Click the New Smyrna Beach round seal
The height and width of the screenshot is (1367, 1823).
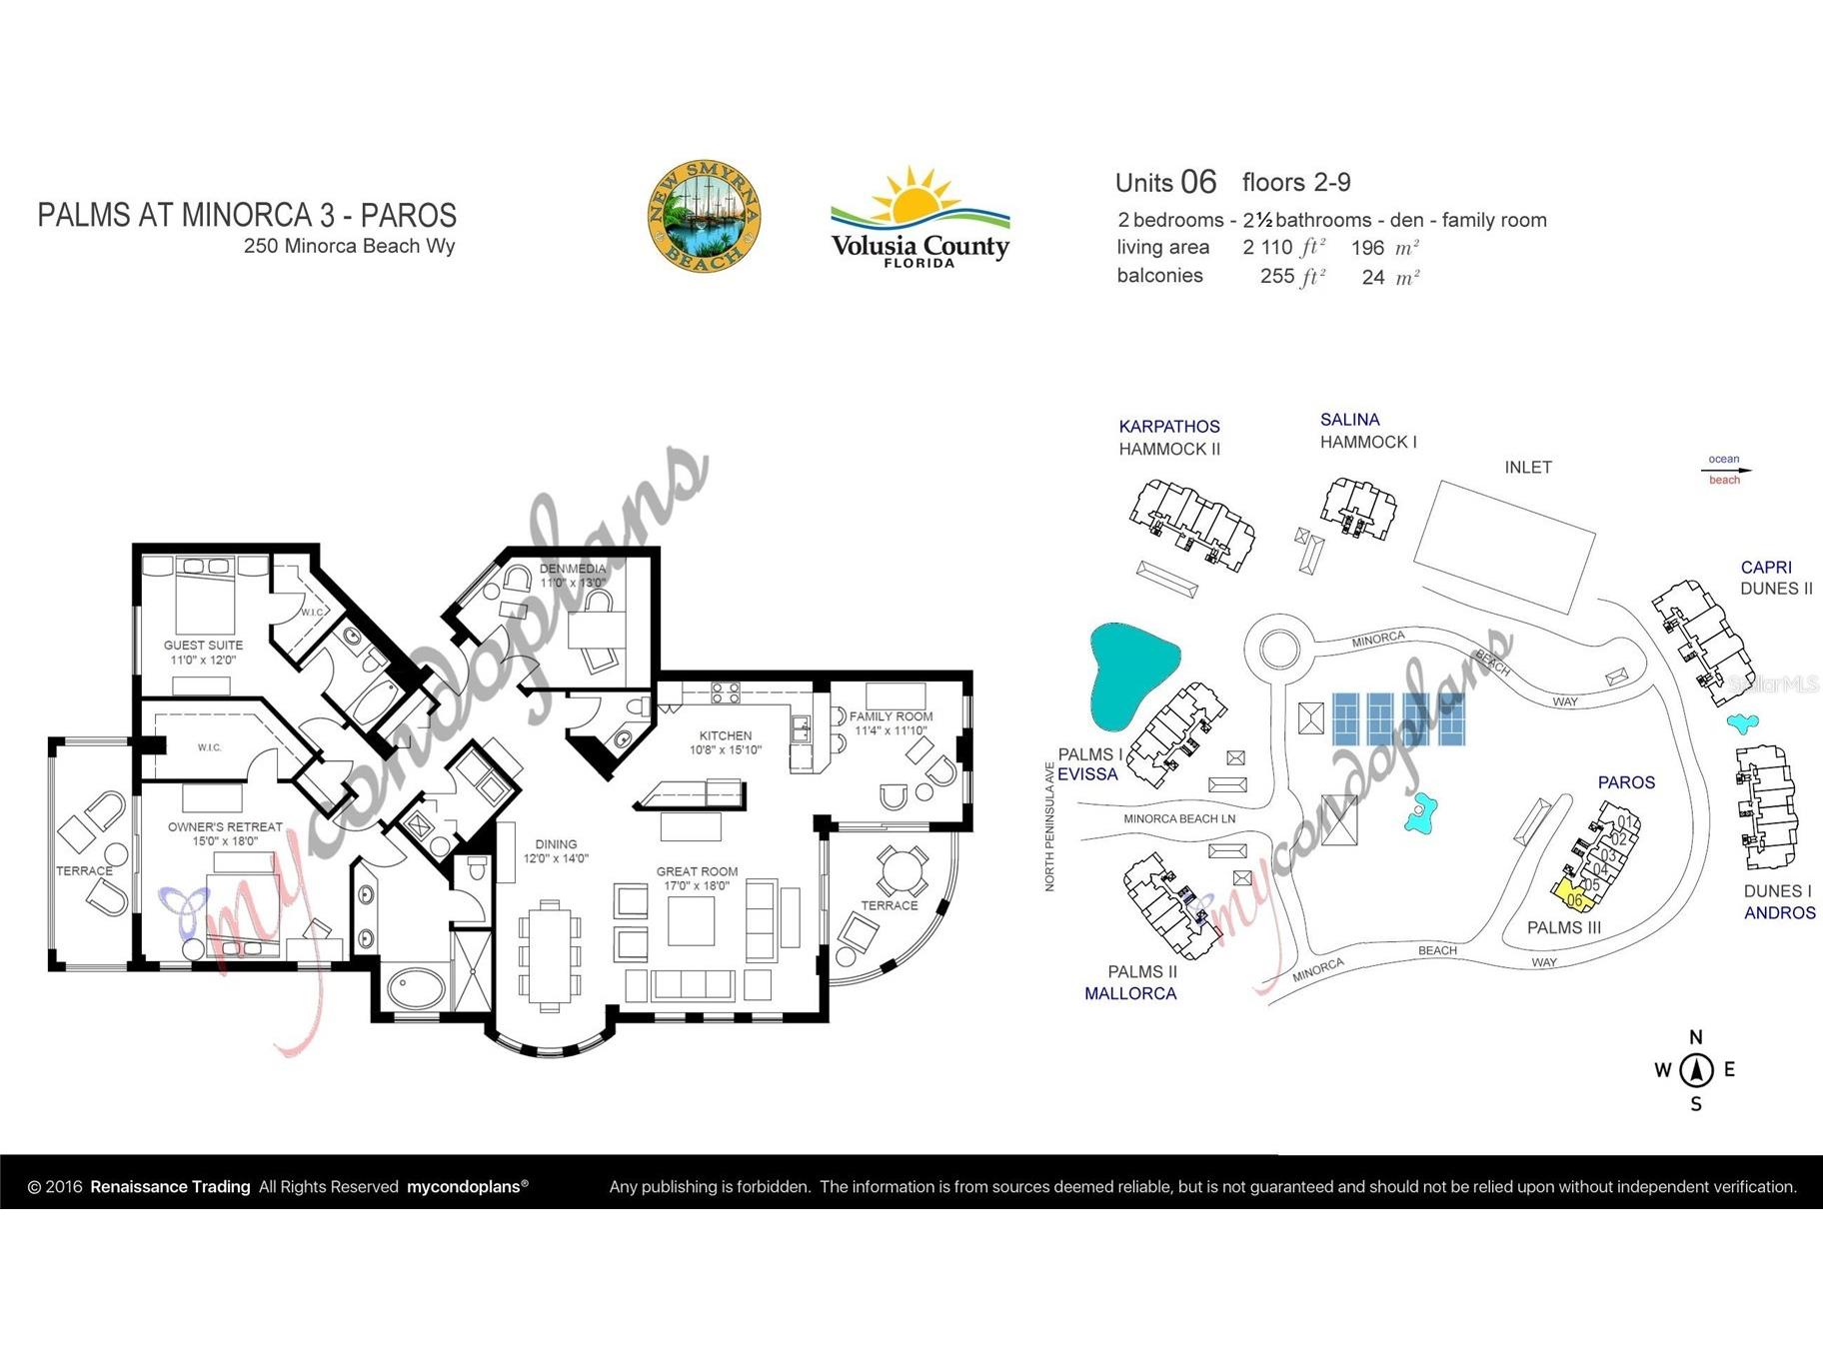coord(704,216)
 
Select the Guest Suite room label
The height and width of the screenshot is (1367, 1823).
coord(203,653)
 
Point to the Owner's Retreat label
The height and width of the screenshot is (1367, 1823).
coord(225,833)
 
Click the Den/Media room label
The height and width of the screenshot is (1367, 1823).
coord(572,576)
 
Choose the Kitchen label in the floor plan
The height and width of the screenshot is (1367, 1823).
coord(725,742)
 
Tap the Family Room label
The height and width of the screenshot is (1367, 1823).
coord(891,722)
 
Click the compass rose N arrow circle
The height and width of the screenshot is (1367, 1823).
coord(1696,1070)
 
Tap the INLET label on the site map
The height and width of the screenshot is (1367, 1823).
coord(1527,467)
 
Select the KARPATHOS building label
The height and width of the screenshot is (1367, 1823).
coord(1168,427)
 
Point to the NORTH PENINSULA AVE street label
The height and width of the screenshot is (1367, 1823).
coord(1049,826)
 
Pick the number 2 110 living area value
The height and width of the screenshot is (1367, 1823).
coord(1267,248)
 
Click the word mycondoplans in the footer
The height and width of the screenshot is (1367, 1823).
coord(463,1187)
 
